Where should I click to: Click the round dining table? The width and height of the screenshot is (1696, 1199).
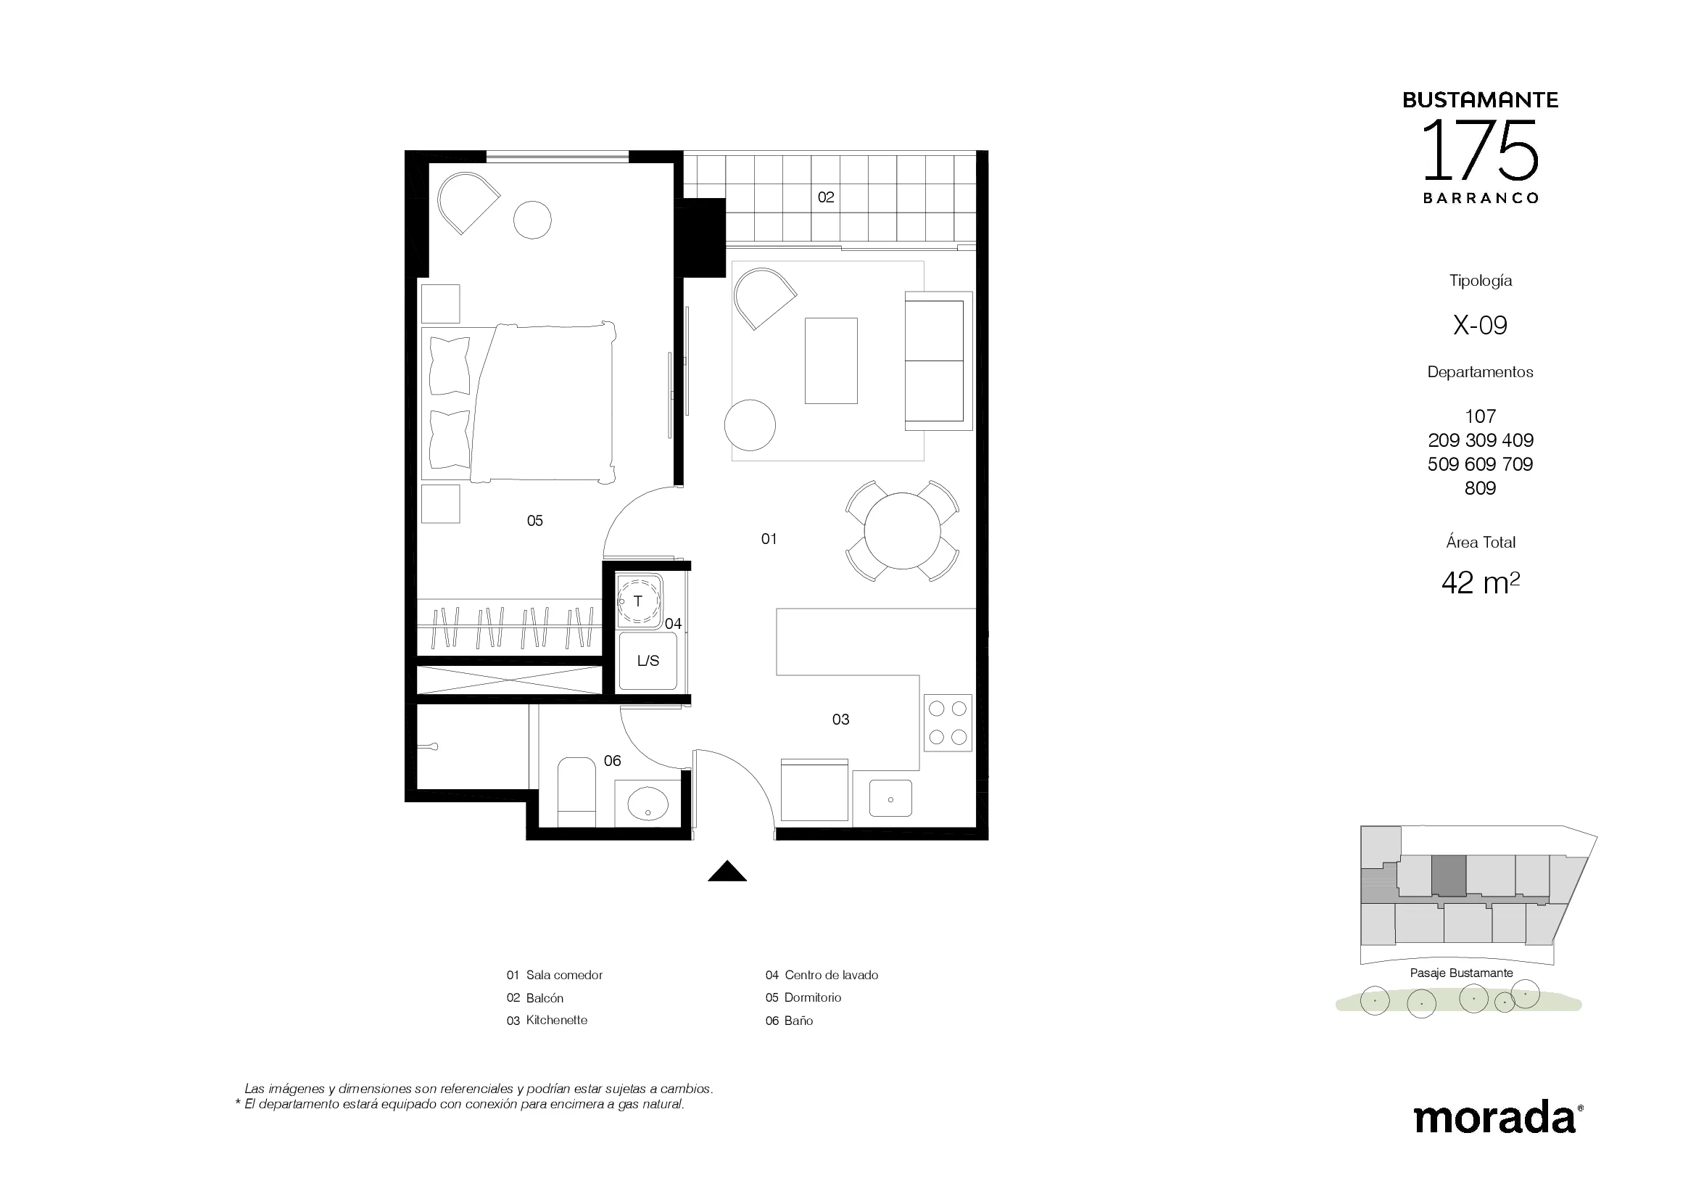902,530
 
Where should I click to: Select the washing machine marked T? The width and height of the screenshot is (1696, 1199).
640,601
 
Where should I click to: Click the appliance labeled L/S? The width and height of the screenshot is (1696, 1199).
648,662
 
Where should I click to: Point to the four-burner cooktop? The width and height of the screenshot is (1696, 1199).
948,723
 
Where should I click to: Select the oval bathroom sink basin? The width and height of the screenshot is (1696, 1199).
648,803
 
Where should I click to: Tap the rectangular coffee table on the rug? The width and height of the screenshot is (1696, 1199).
831,360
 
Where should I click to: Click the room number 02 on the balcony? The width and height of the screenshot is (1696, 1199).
826,197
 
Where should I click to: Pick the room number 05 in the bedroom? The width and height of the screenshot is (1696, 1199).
535,521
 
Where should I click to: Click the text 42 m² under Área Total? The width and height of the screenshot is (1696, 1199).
1481,583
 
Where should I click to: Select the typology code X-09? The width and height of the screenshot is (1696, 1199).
1481,325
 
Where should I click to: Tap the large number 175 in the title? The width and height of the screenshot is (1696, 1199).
1481,152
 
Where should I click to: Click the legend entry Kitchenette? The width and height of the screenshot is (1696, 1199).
557,1021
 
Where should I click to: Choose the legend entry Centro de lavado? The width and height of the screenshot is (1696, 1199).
832,975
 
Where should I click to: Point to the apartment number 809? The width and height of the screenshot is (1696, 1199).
1481,488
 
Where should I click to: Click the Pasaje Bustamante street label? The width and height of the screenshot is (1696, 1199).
1461,973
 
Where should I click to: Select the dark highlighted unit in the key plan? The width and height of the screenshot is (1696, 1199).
1449,876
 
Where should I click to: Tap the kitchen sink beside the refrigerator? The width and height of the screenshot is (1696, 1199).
890,799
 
